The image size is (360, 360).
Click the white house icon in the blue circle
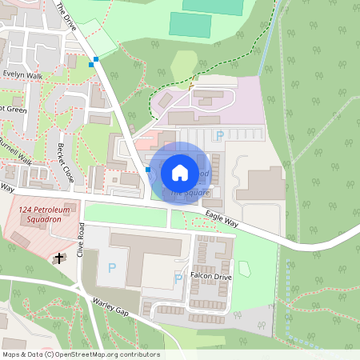(179, 172)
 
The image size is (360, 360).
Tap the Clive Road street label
(81, 240)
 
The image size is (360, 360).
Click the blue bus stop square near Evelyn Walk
(95, 59)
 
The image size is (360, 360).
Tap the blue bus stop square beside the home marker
(149, 170)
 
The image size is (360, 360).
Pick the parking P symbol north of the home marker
(220, 135)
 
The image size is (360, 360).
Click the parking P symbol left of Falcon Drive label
(178, 278)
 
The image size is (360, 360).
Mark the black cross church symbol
(58, 258)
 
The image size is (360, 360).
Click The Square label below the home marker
(189, 193)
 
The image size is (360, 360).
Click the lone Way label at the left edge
(6, 187)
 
